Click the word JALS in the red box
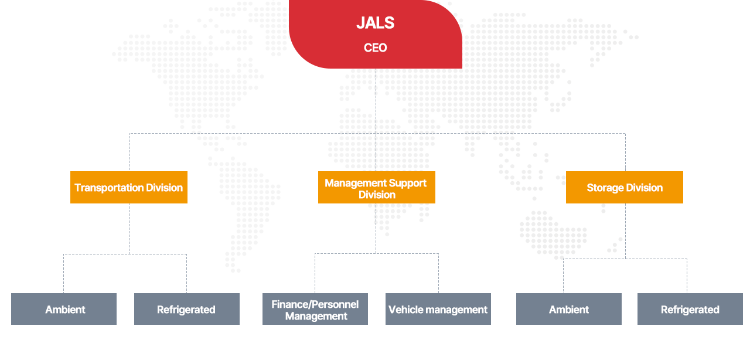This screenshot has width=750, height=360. pyautogui.click(x=376, y=23)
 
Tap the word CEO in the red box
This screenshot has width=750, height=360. pyautogui.click(x=376, y=47)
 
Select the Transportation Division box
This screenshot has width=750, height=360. pyautogui.click(x=129, y=188)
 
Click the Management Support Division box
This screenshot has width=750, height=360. pyautogui.click(x=377, y=188)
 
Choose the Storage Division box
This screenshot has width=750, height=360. pyautogui.click(x=625, y=188)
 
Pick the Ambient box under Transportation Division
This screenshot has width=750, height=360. pyautogui.click(x=64, y=309)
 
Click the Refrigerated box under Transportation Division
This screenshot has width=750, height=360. pyautogui.click(x=187, y=309)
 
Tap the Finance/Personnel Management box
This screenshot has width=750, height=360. pyautogui.click(x=315, y=309)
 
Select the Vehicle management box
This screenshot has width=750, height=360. pyautogui.click(x=438, y=309)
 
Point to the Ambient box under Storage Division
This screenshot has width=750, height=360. pyautogui.click(x=569, y=309)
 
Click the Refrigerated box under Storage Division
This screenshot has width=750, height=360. pyautogui.click(x=690, y=309)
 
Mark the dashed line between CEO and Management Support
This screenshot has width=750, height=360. pyautogui.click(x=376, y=120)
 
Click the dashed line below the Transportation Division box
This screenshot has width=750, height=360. pyautogui.click(x=129, y=229)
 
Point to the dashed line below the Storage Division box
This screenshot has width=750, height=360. pyautogui.click(x=625, y=231)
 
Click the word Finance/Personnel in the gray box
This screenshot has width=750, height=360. pyautogui.click(x=315, y=304)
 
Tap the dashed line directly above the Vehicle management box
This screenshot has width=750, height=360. pyautogui.click(x=439, y=273)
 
